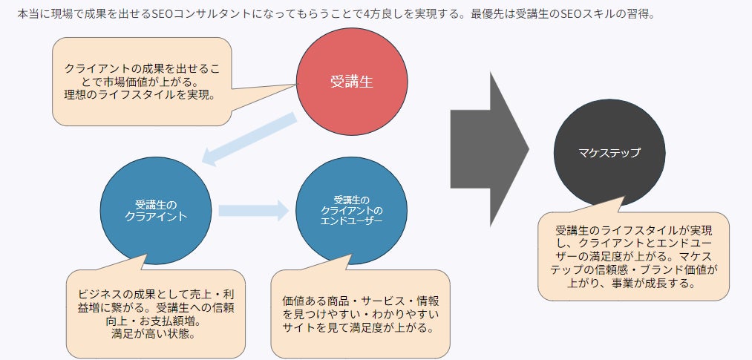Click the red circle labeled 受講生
click(352, 82)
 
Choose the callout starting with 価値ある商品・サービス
click(360, 314)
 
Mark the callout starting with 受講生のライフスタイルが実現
click(633, 256)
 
